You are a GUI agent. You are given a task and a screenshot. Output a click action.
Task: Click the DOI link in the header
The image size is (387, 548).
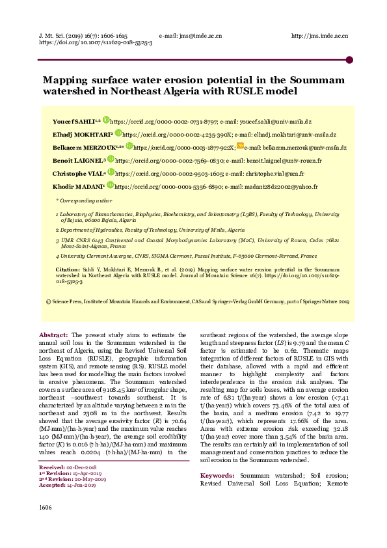96,42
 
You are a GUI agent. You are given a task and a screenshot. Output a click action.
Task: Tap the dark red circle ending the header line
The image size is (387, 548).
349,59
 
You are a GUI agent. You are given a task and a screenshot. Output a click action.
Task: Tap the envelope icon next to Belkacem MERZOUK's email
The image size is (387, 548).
239,146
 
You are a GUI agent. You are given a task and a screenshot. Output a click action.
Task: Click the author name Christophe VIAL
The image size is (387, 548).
77,174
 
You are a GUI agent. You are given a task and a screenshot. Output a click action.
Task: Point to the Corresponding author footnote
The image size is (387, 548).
84,200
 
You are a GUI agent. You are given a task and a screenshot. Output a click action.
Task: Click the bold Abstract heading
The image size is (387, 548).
54,334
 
